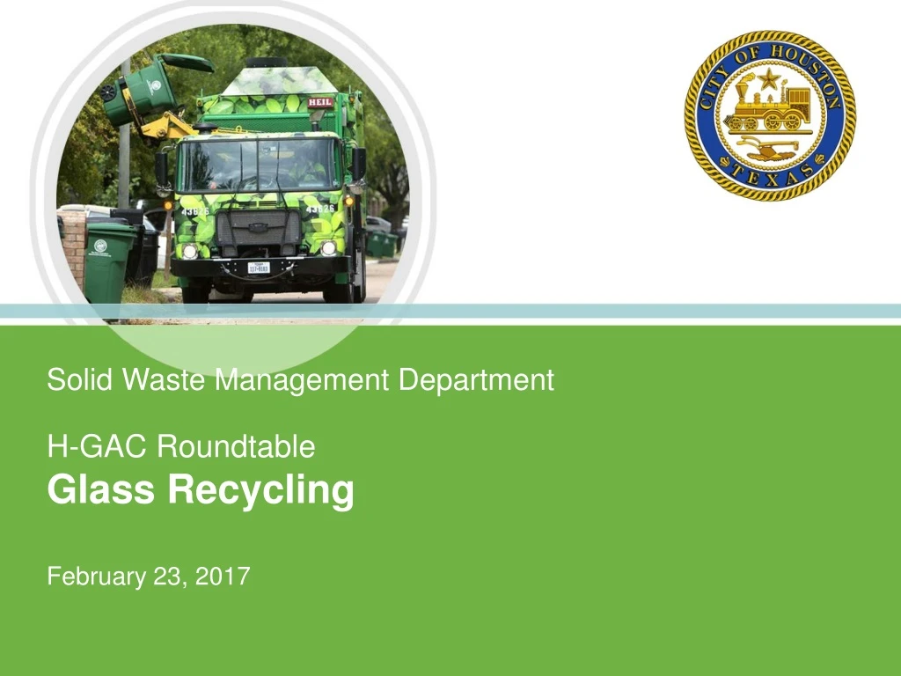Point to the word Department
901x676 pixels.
[x=476, y=380]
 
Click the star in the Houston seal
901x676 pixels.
[x=769, y=81]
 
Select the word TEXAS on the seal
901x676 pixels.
[x=770, y=177]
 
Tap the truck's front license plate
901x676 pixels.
[x=259, y=267]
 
